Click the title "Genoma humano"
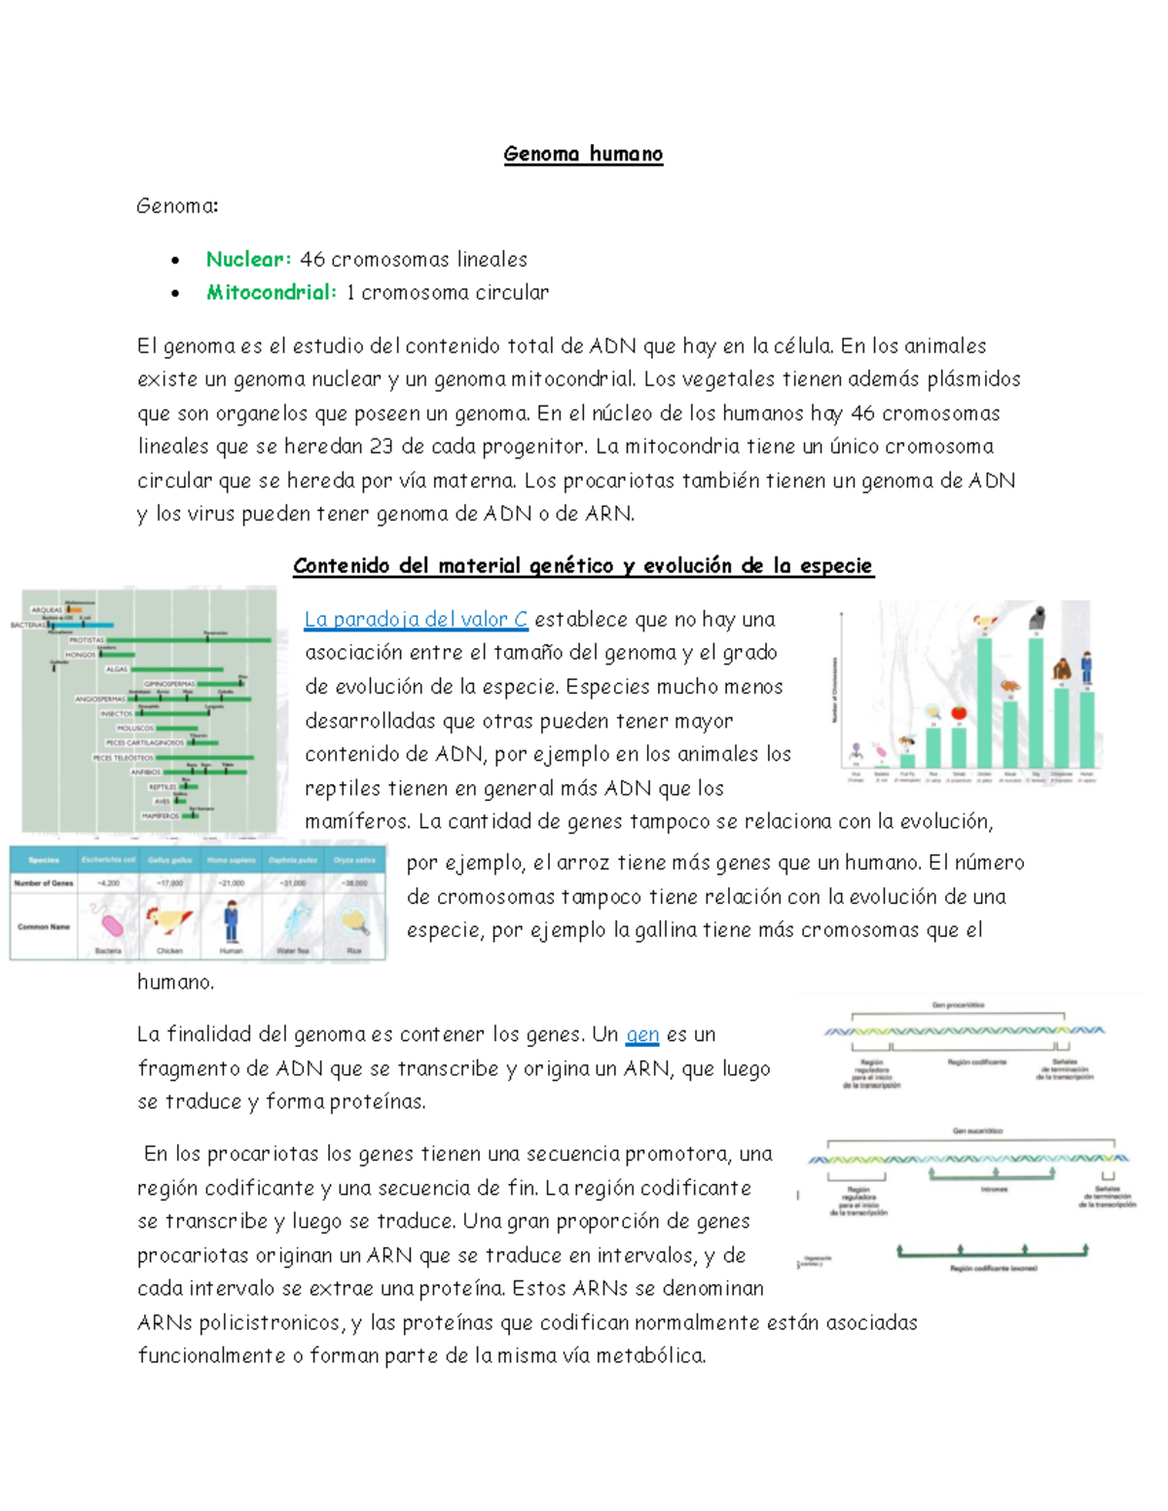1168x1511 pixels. pyautogui.click(x=583, y=154)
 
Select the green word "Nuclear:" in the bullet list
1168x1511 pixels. pyautogui.click(x=248, y=260)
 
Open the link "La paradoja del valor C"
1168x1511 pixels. pyautogui.click(x=416, y=620)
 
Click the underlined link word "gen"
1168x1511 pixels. pyautogui.click(x=642, y=1035)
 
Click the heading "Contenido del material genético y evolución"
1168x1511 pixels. pyautogui.click(x=583, y=566)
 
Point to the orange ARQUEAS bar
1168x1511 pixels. pyautogui.click(x=74, y=610)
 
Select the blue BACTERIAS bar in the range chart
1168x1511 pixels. pyautogui.click(x=82, y=625)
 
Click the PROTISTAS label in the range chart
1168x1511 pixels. pyautogui.click(x=86, y=640)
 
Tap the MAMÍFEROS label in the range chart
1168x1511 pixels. pyautogui.click(x=160, y=815)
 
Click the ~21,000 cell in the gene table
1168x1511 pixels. pyautogui.click(x=231, y=883)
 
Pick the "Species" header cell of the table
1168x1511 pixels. pyautogui.click(x=43, y=860)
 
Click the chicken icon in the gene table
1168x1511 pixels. pyautogui.click(x=169, y=920)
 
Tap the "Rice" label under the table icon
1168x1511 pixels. pyautogui.click(x=354, y=951)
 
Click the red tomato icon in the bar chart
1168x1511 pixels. pyautogui.click(x=959, y=712)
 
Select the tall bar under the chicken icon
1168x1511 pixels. pyautogui.click(x=985, y=701)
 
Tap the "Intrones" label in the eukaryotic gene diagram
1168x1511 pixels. pyautogui.click(x=994, y=1189)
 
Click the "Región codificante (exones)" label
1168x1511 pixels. pyautogui.click(x=993, y=1269)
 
